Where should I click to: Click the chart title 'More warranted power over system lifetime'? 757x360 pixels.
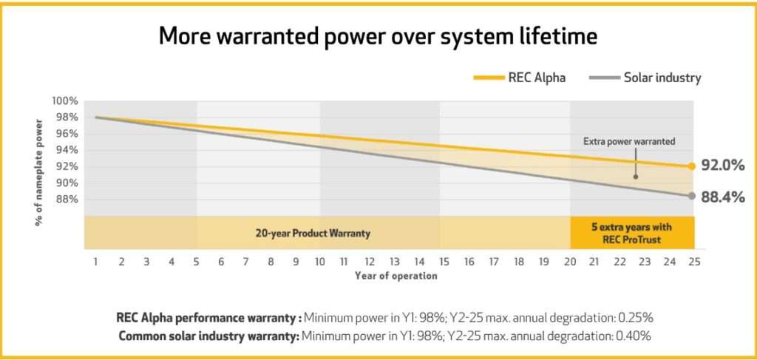378,38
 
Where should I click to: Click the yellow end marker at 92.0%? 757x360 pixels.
691,166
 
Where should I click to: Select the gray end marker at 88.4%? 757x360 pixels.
691,196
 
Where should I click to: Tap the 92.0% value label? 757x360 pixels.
722,166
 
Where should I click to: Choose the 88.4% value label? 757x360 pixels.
722,197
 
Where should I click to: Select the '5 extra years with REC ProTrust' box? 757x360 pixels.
631,233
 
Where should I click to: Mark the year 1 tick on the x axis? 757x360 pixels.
96,261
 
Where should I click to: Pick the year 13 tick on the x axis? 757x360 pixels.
395,261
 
